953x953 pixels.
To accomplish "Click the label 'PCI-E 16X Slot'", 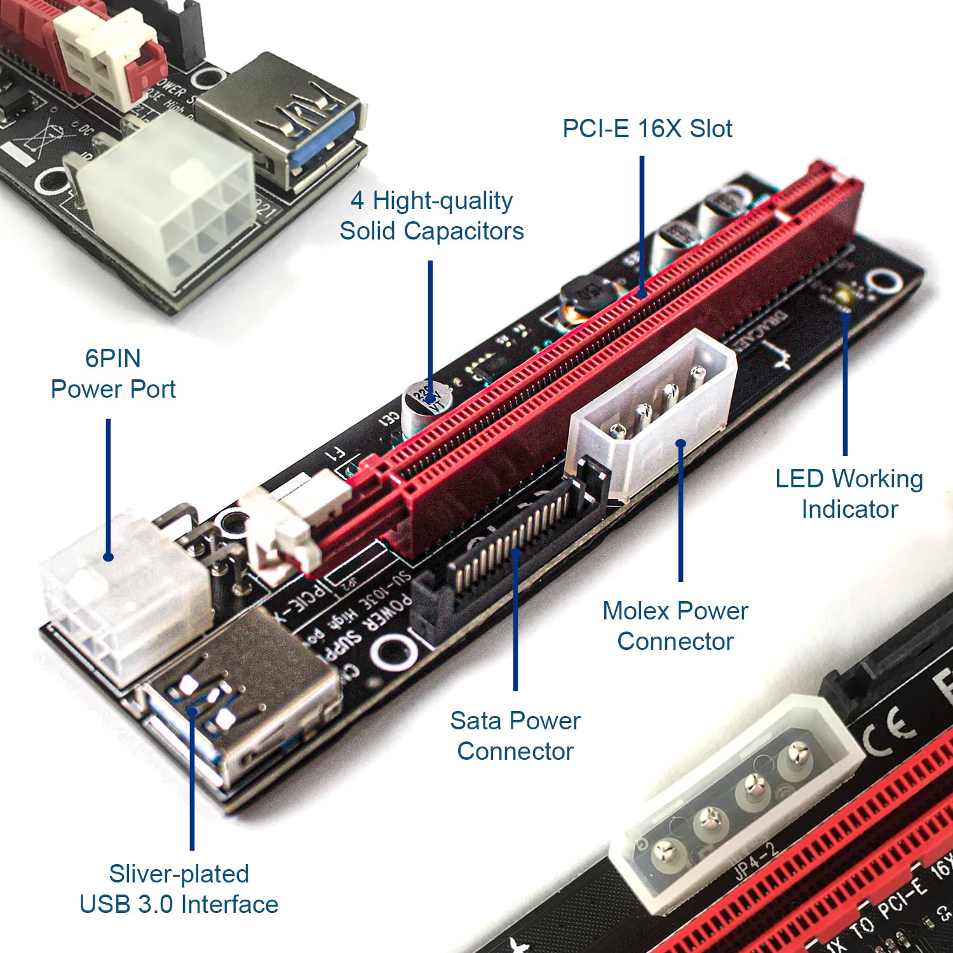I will [647, 129].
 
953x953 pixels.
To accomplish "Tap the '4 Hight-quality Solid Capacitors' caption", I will [431, 216].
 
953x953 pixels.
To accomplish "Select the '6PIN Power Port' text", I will [113, 374].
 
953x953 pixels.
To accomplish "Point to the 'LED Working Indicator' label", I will [849, 494].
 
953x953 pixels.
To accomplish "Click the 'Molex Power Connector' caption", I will [675, 626].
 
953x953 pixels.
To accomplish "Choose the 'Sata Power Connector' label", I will [515, 736].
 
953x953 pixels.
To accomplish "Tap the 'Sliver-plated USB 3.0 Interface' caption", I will [179, 889].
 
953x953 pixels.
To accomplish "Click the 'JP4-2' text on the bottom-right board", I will [756, 861].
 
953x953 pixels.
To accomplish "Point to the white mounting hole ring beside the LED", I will [884, 281].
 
